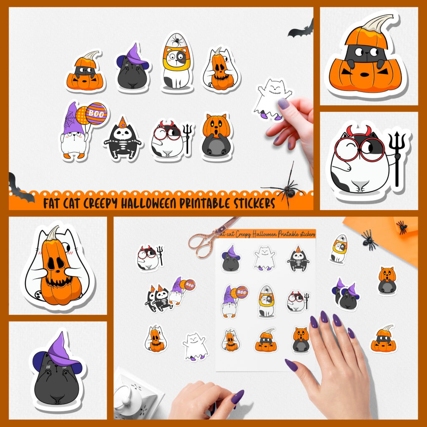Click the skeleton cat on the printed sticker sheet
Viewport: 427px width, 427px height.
(298, 259)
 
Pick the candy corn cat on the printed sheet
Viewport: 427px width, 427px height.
(266, 301)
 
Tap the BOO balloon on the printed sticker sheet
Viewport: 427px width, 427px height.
(241, 292)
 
